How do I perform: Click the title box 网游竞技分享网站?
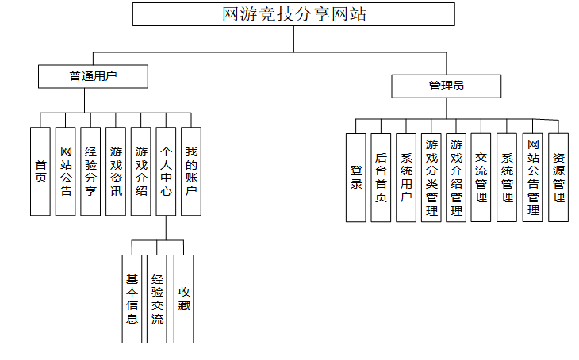click(x=293, y=14)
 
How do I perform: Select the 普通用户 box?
click(x=94, y=76)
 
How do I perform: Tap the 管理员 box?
click(x=446, y=86)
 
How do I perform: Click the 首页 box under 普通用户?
click(x=40, y=171)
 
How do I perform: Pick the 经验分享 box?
click(x=90, y=171)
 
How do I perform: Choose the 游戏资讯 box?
click(x=116, y=171)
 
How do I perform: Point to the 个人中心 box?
click(x=166, y=171)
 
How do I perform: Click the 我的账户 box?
click(x=191, y=171)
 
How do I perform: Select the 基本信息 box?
click(x=132, y=299)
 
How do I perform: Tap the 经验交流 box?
click(x=157, y=299)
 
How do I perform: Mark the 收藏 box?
click(x=184, y=299)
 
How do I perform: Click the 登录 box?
click(x=356, y=177)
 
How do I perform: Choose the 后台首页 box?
click(x=381, y=177)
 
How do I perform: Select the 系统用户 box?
click(x=406, y=177)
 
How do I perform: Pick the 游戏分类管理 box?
click(x=431, y=177)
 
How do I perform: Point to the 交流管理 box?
click(x=481, y=177)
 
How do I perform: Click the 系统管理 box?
click(x=507, y=177)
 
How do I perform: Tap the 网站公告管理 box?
click(x=533, y=177)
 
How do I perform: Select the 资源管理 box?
click(x=558, y=177)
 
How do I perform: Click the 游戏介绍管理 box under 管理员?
click(x=456, y=177)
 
